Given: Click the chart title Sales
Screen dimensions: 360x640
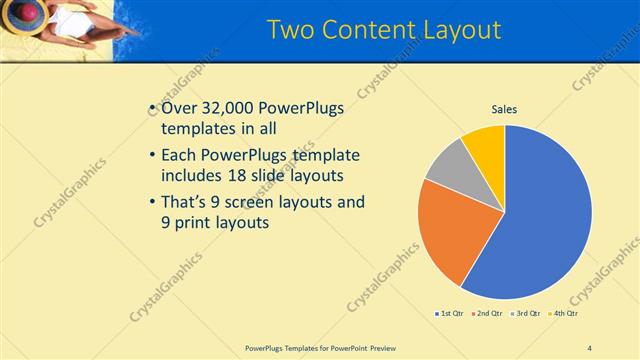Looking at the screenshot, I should tap(504, 109).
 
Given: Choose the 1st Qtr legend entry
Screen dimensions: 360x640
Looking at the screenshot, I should tap(450, 314).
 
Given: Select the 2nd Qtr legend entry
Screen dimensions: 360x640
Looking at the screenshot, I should tap(487, 314).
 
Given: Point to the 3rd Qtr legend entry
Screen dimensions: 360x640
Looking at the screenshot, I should tap(524, 314).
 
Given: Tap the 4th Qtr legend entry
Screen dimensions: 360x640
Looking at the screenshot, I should tap(562, 314).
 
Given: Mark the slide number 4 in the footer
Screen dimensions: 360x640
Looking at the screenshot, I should tap(589, 347).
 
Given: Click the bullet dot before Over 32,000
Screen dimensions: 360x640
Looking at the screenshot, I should tap(151, 108).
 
